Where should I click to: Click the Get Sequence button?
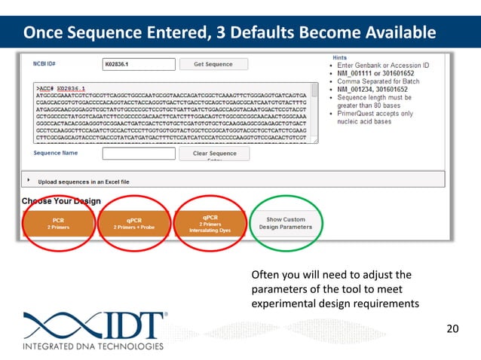pos(213,65)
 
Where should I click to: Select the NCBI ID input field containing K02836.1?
pos(133,65)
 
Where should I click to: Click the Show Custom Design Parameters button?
pos(285,223)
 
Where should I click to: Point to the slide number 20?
pos(453,328)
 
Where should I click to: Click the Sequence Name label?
pos(56,153)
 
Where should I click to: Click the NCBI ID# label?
pos(47,64)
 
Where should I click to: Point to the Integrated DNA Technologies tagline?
pos(93,346)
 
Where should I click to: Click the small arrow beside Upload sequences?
pos(29,181)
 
